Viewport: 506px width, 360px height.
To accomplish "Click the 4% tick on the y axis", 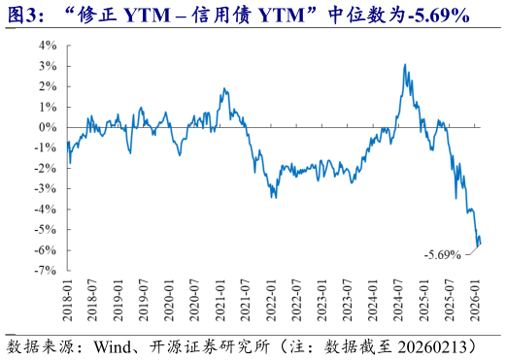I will pos(47,45).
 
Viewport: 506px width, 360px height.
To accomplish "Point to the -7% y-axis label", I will pos(45,271).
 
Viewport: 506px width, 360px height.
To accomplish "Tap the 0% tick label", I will pos(47,127).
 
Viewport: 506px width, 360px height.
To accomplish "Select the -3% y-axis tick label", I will pos(45,188).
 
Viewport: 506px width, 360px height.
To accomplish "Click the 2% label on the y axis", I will pos(47,85).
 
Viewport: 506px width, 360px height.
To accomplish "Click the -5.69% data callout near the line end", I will pos(442,255).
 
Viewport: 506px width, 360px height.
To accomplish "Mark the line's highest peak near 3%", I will pos(405,65).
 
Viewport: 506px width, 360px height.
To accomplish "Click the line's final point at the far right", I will pos(481,244).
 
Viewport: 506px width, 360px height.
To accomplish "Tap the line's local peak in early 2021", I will pos(223,89).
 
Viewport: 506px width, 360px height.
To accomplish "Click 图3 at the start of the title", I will pos(21,15).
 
